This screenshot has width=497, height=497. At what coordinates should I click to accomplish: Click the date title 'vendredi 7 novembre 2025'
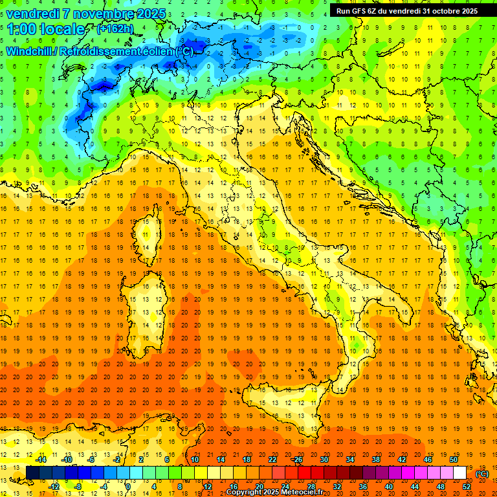(x=85, y=14)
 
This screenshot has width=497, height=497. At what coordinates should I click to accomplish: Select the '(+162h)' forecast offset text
(x=115, y=29)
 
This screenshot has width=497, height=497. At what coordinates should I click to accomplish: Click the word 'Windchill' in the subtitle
(x=30, y=51)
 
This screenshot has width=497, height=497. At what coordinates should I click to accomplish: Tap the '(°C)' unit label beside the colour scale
(x=482, y=474)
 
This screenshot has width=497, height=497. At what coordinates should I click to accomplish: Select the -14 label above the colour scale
(x=40, y=459)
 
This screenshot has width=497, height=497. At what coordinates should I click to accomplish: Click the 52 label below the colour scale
(x=467, y=487)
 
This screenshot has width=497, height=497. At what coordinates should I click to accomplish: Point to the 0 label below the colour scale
(x=129, y=487)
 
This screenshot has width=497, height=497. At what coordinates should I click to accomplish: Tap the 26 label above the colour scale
(x=298, y=459)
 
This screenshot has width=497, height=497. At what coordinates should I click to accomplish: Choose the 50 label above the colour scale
(x=453, y=459)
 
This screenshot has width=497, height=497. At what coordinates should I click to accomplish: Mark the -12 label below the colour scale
(x=55, y=487)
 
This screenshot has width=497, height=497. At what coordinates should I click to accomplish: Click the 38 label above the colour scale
(x=375, y=459)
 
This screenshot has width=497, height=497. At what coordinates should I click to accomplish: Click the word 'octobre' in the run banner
(x=447, y=11)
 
